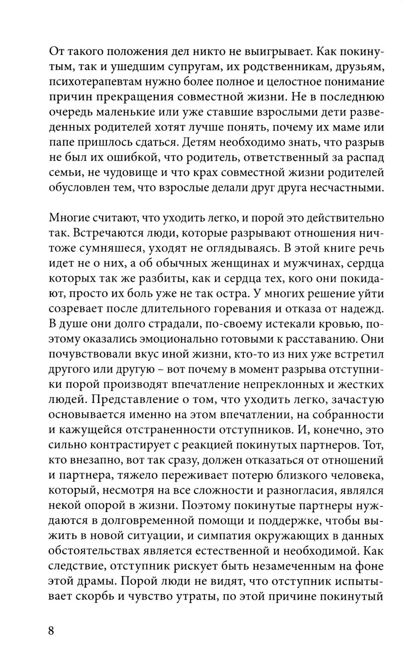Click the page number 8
pyautogui.click(x=52, y=630)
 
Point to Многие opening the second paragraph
pyautogui.click(x=69, y=218)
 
